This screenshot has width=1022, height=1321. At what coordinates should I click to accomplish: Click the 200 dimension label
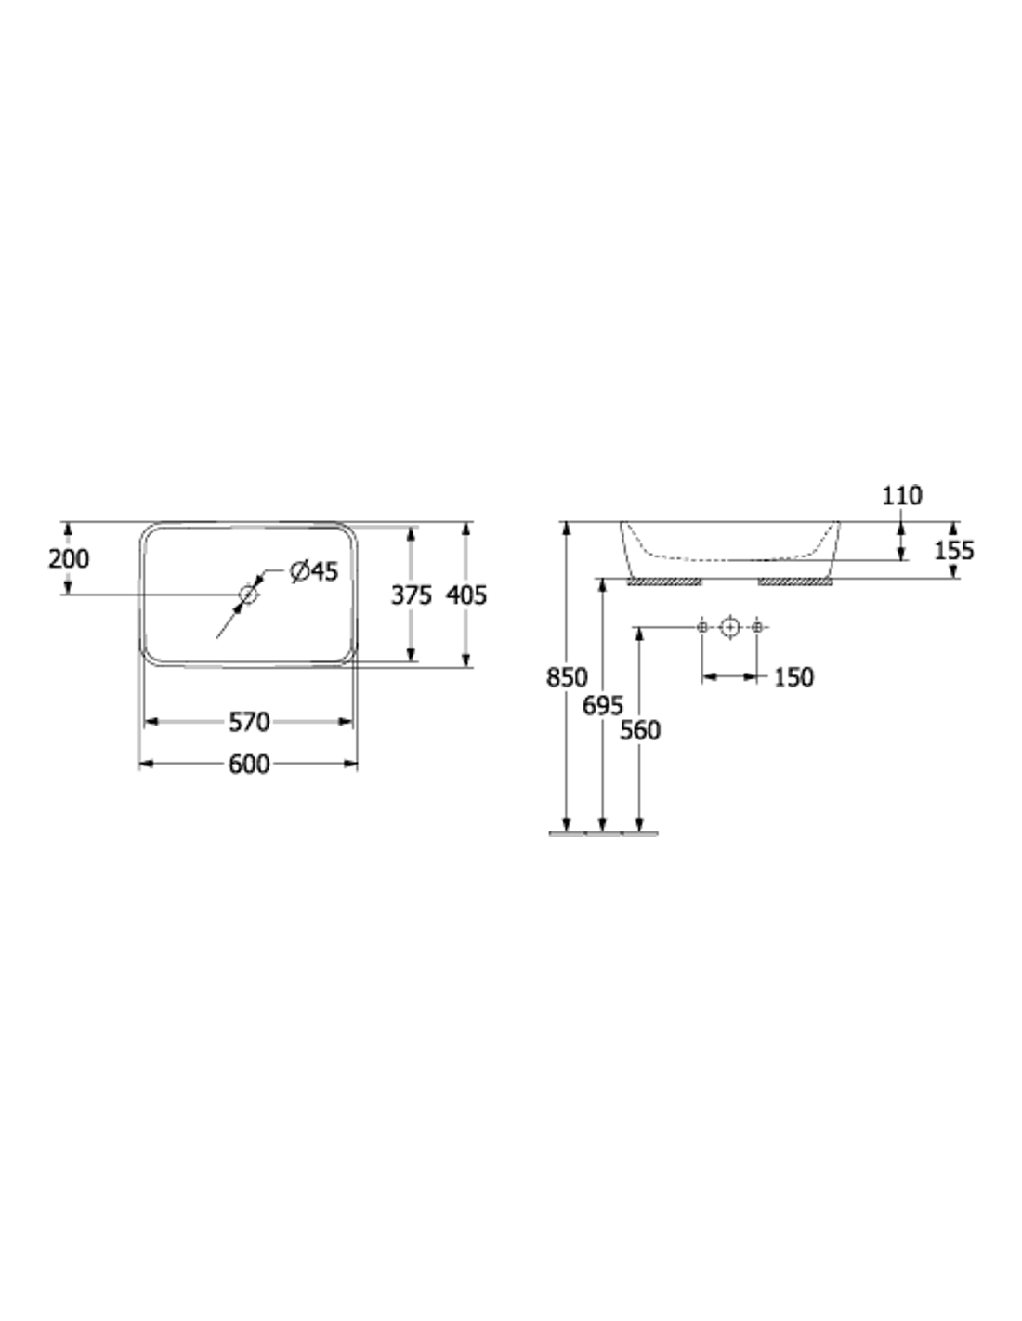pos(69,558)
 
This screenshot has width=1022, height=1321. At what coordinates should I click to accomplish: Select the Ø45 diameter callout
pos(314,571)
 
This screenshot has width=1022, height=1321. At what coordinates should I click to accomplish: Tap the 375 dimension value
pos(411,595)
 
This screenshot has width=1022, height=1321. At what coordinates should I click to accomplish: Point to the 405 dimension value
pos(466,595)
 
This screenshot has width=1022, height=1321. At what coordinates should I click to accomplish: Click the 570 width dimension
pos(249,722)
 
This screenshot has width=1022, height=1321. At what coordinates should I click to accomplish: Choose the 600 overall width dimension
pos(249,765)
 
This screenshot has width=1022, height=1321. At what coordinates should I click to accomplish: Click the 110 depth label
pos(902,496)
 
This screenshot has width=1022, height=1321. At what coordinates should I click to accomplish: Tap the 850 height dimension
pos(567,677)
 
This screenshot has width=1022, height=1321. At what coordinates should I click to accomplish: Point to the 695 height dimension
pos(603,706)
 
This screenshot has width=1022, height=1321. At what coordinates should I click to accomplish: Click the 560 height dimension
pos(640,731)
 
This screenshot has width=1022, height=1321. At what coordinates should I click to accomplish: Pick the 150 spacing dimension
pos(793,677)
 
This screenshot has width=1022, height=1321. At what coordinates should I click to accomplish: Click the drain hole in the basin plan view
pos(248,594)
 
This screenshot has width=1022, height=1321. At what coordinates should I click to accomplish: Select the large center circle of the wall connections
pos(729,627)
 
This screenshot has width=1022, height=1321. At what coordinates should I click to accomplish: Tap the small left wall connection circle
pos(702,627)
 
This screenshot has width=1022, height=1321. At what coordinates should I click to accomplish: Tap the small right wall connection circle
pos(756,627)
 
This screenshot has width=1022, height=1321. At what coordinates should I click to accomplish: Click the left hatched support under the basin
pos(664,582)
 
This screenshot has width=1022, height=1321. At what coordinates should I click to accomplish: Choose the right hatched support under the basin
pos(795,582)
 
